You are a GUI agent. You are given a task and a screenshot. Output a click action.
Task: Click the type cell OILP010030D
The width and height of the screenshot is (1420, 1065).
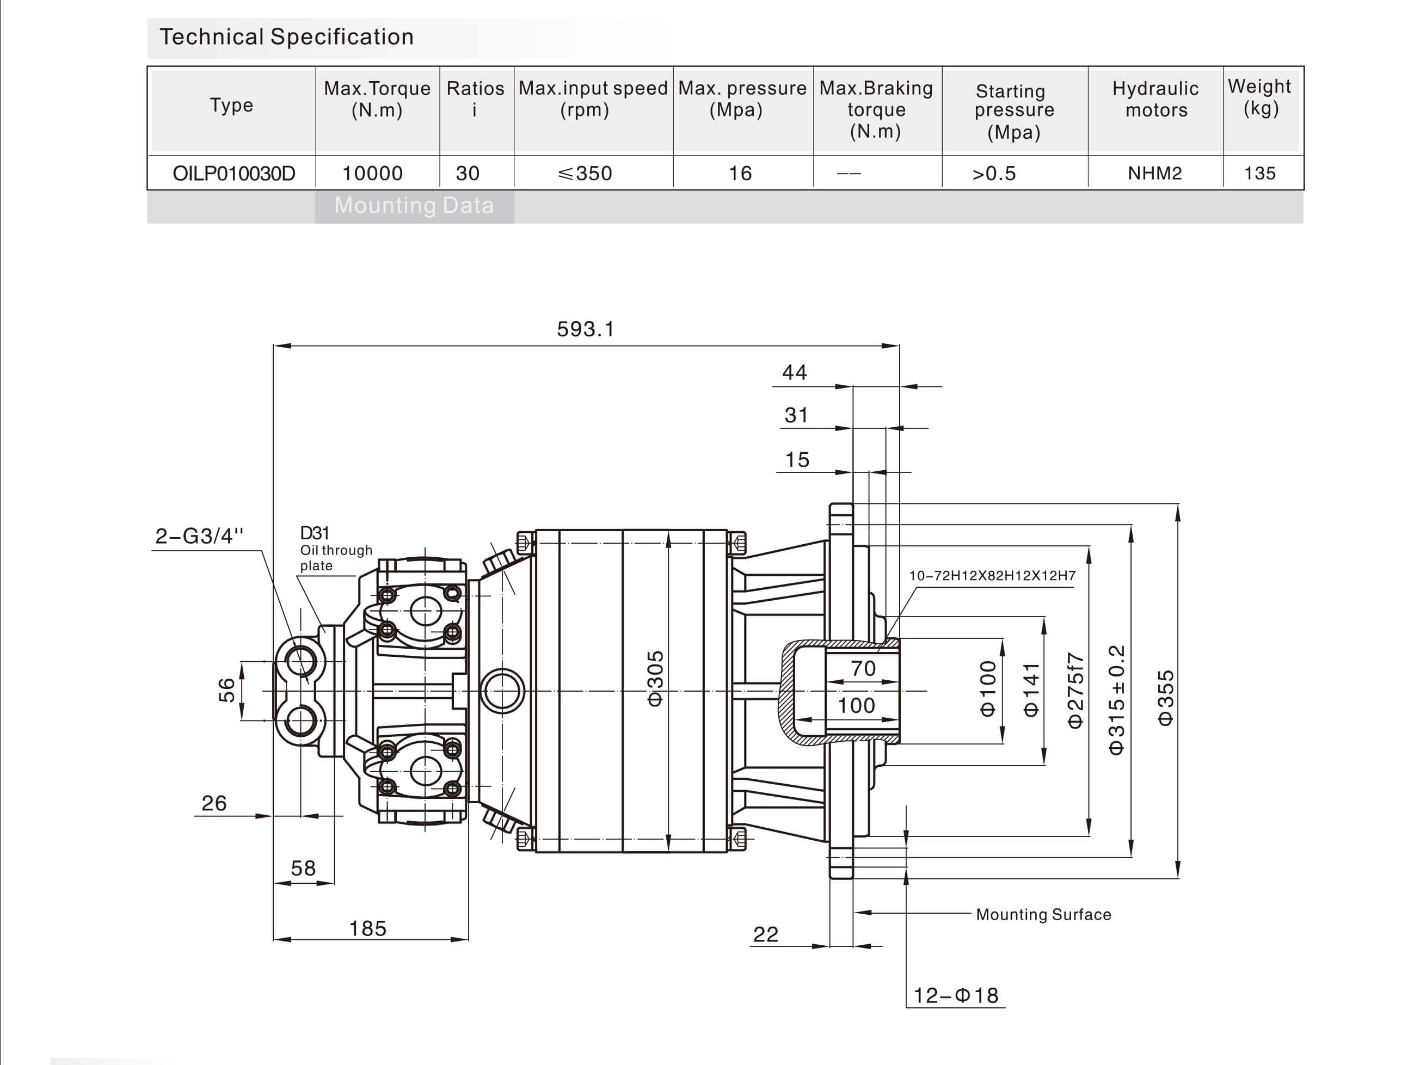(233, 173)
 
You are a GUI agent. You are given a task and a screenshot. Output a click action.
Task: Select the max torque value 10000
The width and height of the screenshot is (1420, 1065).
(372, 173)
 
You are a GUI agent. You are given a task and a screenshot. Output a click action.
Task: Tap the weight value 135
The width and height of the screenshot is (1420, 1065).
(1259, 173)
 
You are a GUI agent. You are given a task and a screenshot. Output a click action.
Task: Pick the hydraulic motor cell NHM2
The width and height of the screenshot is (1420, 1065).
(1154, 173)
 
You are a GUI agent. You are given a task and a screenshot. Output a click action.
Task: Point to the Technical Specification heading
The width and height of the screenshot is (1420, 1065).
(286, 37)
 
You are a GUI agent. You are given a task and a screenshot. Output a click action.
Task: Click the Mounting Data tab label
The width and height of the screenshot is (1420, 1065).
(414, 205)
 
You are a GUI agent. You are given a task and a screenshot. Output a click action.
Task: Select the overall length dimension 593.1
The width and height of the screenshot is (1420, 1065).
(585, 329)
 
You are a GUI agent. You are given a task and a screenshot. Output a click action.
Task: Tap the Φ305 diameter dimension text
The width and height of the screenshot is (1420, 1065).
(655, 679)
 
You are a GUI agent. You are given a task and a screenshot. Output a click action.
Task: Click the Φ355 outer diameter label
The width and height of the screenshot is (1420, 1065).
(1165, 698)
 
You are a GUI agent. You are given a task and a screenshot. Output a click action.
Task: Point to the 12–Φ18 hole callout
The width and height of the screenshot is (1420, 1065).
(955, 996)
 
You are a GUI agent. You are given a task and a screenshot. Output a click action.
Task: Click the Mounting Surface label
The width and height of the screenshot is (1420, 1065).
(1043, 914)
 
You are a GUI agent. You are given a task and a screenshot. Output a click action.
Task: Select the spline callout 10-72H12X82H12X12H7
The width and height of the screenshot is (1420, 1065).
(992, 576)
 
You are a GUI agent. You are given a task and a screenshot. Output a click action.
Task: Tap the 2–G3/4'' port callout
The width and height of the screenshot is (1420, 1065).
(199, 536)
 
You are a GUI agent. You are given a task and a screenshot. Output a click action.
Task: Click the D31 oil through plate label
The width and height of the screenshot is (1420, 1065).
(335, 549)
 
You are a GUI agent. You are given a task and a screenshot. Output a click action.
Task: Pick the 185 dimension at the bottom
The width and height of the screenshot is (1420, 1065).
(367, 928)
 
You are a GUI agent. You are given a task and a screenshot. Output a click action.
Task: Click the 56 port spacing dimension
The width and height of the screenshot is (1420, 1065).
(226, 690)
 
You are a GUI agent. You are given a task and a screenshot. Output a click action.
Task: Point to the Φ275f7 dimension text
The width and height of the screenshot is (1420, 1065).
(1075, 690)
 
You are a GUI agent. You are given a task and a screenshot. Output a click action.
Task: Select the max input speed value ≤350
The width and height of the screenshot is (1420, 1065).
(585, 173)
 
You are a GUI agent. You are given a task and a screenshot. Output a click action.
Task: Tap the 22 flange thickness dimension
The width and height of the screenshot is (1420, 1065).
(765, 934)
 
